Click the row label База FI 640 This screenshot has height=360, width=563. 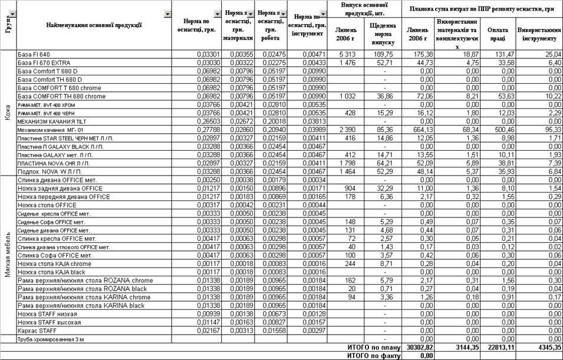[x=34, y=54]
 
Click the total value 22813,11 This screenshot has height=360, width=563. [x=498, y=348]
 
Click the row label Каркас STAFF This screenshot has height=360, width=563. [x=38, y=331]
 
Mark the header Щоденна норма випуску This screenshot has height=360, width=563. [x=383, y=34]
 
